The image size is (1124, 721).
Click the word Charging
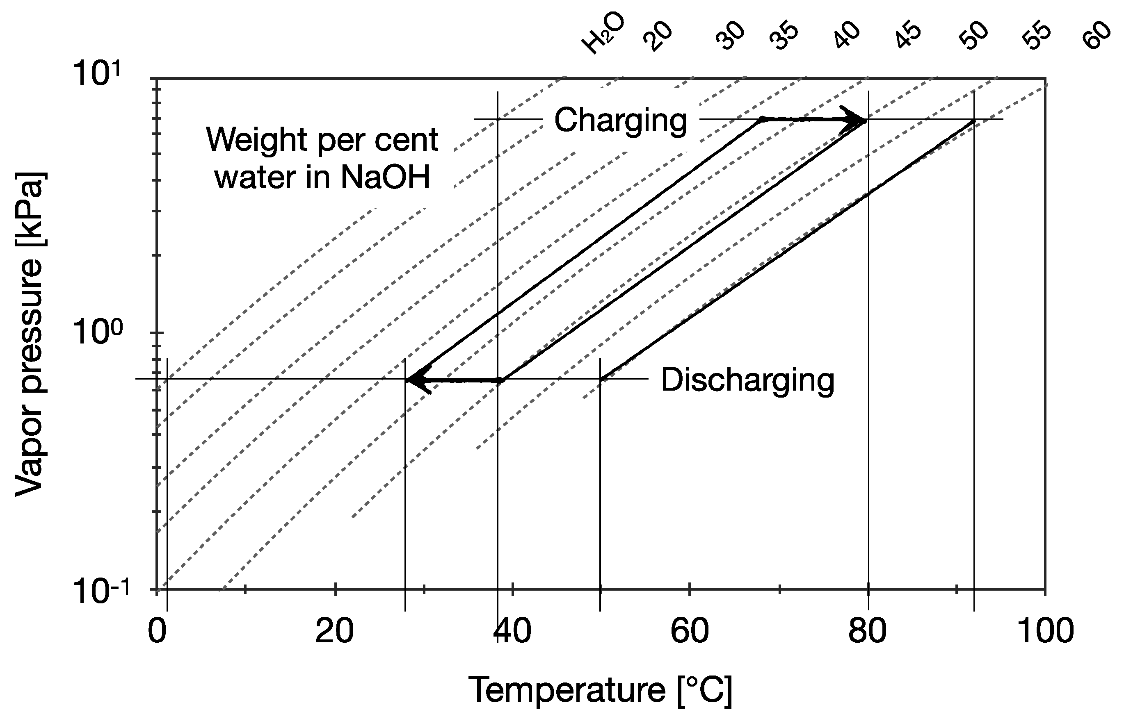pos(620,121)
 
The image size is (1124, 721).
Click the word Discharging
pos(748,380)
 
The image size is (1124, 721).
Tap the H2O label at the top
pos(603,34)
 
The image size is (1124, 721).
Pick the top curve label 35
pos(784,36)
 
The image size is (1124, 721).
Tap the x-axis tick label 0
pos(157,631)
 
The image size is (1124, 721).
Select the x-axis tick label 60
pos(689,631)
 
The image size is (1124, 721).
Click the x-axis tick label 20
pos(334,631)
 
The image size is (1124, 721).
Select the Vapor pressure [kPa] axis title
pos(29,334)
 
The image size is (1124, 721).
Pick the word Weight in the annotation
pos(258,140)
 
